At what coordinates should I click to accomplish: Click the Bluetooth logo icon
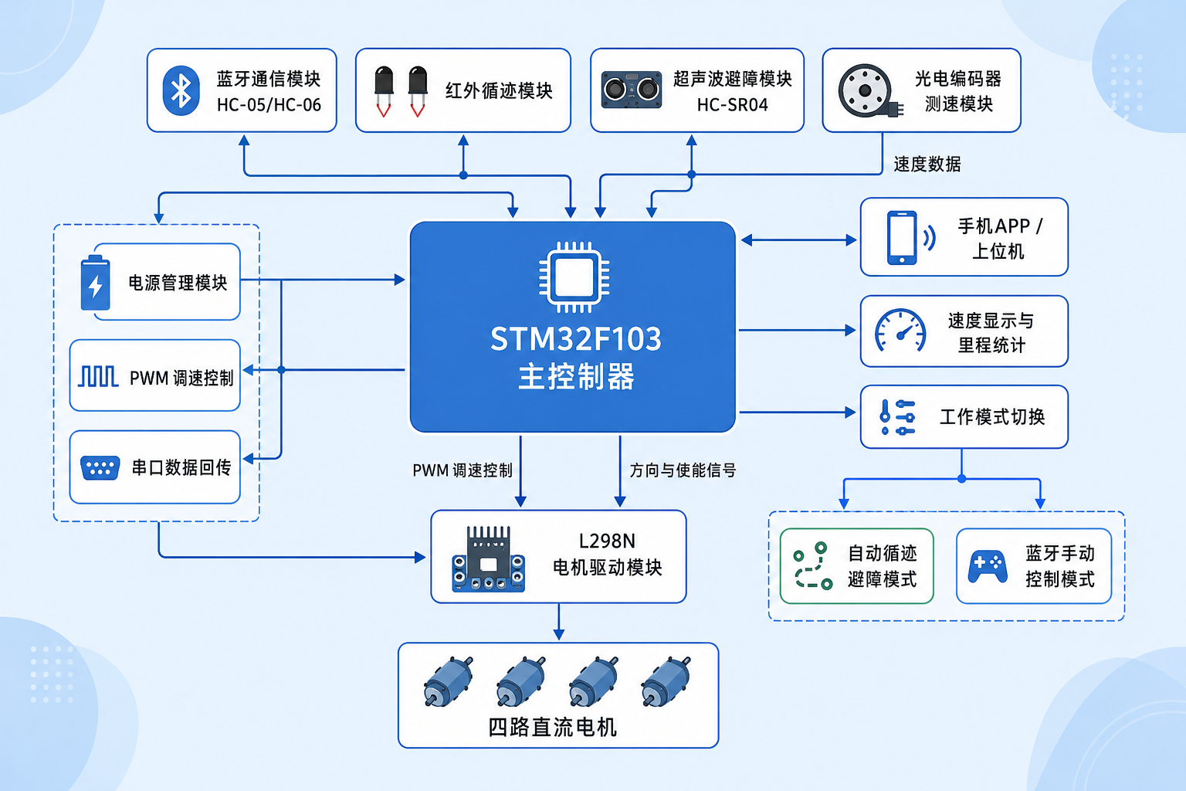click(181, 90)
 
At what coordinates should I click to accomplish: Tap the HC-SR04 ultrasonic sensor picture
click(632, 90)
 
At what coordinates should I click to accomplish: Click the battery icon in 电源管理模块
click(95, 283)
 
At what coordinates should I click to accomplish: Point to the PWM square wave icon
click(98, 376)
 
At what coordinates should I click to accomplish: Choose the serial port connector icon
click(100, 468)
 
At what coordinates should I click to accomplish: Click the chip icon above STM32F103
click(574, 277)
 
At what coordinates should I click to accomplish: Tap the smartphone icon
click(902, 237)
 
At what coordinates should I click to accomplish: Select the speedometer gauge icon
click(900, 330)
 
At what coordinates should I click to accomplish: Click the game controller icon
click(988, 566)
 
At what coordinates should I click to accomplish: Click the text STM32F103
click(576, 339)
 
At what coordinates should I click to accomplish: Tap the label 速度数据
click(927, 165)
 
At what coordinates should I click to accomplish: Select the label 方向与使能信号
click(683, 470)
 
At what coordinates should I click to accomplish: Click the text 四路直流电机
click(552, 727)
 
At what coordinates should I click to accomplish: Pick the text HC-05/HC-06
click(269, 105)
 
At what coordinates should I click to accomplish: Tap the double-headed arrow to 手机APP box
click(798, 240)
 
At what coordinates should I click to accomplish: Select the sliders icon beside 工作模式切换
click(897, 417)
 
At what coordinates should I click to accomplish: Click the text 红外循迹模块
click(499, 90)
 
